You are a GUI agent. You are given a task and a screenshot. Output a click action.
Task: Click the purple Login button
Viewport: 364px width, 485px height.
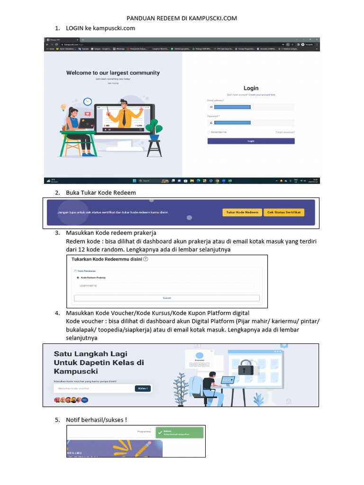[x=251, y=141]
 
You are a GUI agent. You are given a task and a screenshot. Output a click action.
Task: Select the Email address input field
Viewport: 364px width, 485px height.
[x=251, y=107]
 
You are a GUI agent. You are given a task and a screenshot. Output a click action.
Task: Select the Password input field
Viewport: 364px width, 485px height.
[x=251, y=123]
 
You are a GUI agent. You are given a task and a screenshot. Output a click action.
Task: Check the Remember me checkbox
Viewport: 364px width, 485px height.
[x=209, y=132]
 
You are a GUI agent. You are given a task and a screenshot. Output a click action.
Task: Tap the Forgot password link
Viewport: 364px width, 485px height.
[x=285, y=132]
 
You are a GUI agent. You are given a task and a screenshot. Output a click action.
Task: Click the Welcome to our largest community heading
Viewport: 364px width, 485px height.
[x=113, y=73]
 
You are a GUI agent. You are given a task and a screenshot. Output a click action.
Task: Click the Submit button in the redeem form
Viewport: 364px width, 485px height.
[x=167, y=298]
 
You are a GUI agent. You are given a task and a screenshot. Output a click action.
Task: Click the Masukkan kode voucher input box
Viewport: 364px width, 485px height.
[x=93, y=388]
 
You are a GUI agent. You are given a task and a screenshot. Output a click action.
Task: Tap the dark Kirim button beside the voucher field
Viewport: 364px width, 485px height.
[x=143, y=388]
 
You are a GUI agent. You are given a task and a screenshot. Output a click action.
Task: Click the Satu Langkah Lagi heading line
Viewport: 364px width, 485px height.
[x=91, y=354]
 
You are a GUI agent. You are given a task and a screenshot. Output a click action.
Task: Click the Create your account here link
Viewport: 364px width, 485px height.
[x=262, y=95]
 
